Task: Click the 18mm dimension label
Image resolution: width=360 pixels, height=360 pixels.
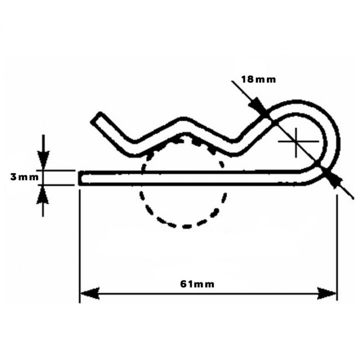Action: [x=258, y=79]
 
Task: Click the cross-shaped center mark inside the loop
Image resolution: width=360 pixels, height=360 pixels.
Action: [x=296, y=142]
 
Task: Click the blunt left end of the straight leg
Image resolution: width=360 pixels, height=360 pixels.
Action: [x=81, y=178]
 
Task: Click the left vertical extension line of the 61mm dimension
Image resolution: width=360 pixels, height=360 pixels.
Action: [x=80, y=243]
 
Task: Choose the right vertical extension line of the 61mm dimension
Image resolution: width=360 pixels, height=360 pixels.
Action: [x=337, y=243]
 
